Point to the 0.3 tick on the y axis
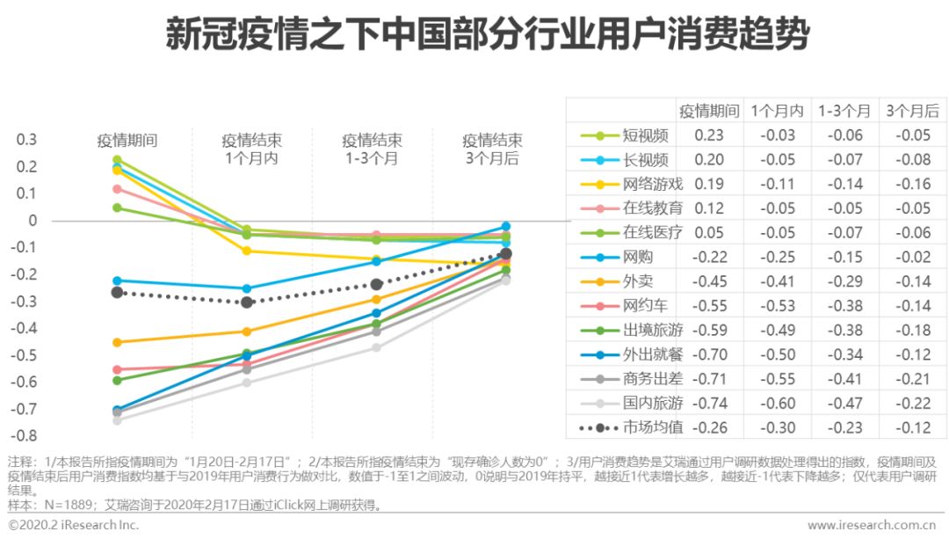pos(27,140)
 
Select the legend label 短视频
pos(646,135)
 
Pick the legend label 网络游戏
pos(652,184)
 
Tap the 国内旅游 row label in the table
pos(652,403)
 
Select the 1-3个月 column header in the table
pos(844,111)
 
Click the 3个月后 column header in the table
pos(911,111)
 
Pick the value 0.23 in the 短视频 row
pos(709,135)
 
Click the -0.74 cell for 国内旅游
pos(709,403)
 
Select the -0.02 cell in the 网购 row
pos(911,257)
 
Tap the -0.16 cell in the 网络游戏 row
pos(911,184)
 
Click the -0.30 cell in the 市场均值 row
pos(777,427)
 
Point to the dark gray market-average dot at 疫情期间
pos(117,292)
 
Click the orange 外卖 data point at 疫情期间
pos(117,342)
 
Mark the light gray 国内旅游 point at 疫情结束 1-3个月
pos(376,347)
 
